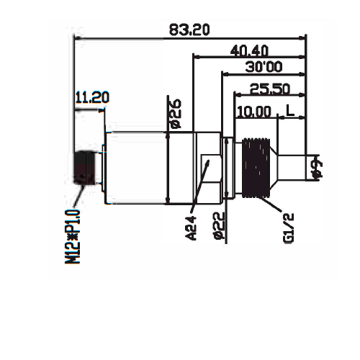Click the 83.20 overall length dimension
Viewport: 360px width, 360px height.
tap(189, 30)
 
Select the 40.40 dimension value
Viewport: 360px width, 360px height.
tap(249, 51)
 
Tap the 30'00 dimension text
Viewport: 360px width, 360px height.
tap(264, 67)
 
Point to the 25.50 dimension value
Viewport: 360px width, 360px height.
tap(270, 89)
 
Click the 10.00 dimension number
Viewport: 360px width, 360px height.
tap(254, 112)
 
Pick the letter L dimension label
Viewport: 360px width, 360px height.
tap(290, 110)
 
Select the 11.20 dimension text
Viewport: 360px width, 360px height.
tap(92, 97)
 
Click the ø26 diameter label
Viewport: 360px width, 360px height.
tap(176, 114)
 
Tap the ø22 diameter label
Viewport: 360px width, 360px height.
tap(219, 225)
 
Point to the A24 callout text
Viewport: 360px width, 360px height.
tap(192, 228)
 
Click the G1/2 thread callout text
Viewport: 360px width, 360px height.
tap(289, 228)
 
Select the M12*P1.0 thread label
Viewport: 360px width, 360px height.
tap(72, 237)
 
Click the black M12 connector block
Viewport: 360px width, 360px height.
tap(84, 168)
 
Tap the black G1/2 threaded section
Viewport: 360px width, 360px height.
tap(256, 168)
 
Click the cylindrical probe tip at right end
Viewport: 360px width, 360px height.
tap(292, 168)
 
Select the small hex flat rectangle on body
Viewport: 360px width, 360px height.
tap(211, 168)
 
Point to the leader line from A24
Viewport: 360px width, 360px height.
tap(199, 186)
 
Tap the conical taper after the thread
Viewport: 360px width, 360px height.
tap(274, 168)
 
